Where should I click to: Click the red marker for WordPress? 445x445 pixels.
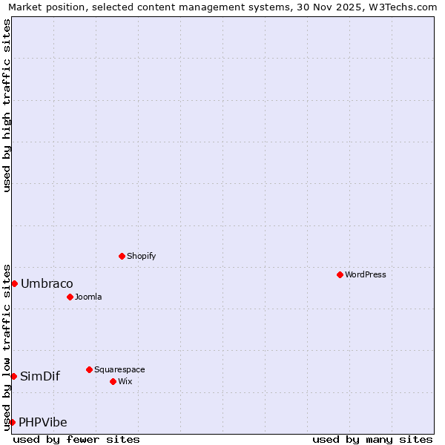coord(340,274)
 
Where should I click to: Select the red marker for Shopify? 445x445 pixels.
coord(122,256)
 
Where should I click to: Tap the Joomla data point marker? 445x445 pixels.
coord(70,297)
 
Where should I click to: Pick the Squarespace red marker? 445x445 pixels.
coord(89,369)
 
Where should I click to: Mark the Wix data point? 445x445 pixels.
coord(113,381)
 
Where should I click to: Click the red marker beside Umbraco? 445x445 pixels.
coord(14,283)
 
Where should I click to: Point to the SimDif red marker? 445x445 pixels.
coord(13,376)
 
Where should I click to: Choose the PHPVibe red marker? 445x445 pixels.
coord(12,422)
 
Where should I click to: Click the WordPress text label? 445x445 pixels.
coord(366,274)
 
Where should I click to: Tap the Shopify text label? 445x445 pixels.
coord(141,256)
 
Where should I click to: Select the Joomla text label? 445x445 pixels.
coord(88,297)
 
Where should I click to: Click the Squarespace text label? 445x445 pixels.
coord(119,369)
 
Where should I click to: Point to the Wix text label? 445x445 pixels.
coord(125,381)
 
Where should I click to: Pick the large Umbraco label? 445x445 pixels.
coord(47,283)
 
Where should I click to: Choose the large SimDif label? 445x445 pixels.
coord(40,376)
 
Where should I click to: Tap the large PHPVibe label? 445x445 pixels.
coord(43,422)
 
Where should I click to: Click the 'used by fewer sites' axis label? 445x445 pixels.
coord(76,439)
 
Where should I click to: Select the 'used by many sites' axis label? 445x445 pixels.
coord(372,439)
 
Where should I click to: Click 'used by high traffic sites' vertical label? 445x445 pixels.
coord(7,105)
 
